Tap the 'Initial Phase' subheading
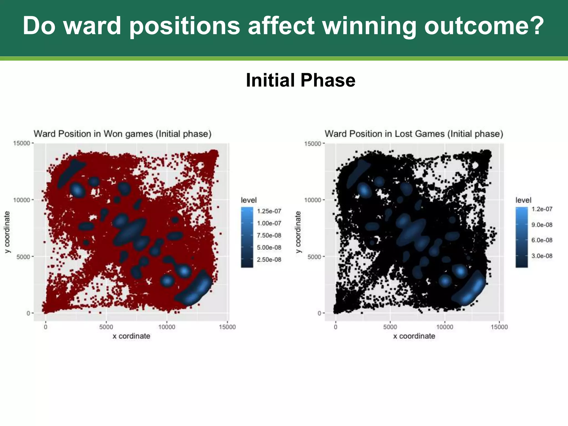[x=300, y=80]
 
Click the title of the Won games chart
[x=123, y=134]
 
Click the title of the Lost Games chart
[x=414, y=134]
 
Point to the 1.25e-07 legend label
[x=269, y=211]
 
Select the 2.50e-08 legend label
[x=269, y=260]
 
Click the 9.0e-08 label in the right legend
[x=542, y=225]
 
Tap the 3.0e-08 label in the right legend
[x=542, y=256]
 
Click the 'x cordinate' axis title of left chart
[x=131, y=336]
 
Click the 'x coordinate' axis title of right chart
[x=414, y=336]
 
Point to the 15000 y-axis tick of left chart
[x=21, y=143]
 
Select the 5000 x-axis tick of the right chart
[x=390, y=327]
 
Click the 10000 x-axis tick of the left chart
[x=167, y=327]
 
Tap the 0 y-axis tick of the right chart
[x=319, y=313]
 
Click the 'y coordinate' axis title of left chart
[x=7, y=232]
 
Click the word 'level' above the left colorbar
[x=248, y=200]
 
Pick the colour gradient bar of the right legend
[x=521, y=237]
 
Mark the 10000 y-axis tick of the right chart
[x=313, y=200]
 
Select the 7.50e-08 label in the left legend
[x=269, y=235]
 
